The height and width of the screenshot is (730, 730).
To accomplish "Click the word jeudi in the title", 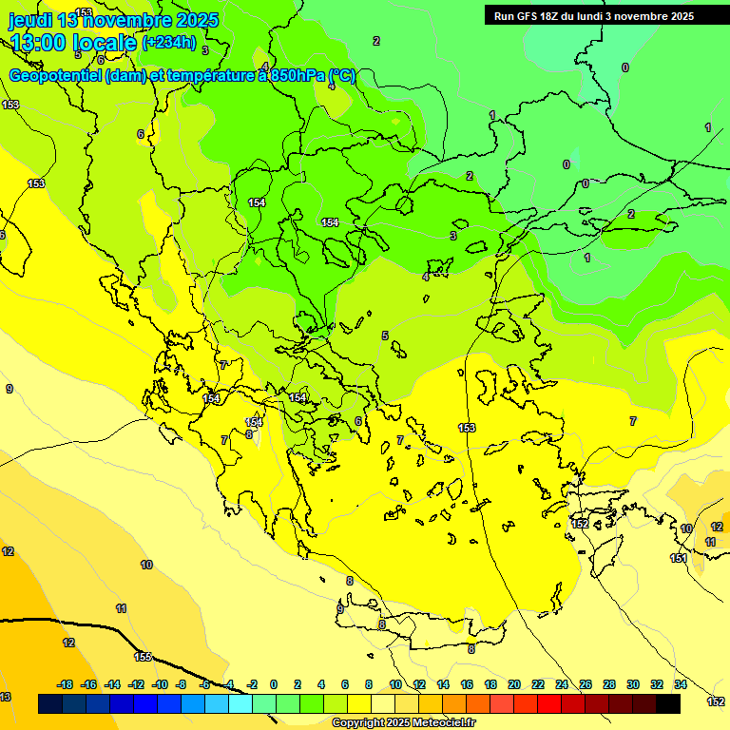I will [30, 20].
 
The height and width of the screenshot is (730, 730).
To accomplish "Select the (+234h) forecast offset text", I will [168, 42].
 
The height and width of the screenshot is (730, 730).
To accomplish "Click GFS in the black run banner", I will [528, 16].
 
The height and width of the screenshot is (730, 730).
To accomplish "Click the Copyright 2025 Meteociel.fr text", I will [403, 723].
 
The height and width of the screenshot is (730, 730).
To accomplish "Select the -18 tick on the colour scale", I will [65, 684].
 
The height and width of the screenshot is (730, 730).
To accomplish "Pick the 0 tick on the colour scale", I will [274, 684].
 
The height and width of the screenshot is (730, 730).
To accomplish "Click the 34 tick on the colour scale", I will [680, 684].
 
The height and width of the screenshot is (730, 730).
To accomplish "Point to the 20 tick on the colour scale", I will [513, 684].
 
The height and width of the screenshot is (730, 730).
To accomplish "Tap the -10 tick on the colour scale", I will [159, 684].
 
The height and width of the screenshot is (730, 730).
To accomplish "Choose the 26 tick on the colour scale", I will [585, 684].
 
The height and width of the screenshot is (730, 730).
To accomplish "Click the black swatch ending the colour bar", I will [668, 703].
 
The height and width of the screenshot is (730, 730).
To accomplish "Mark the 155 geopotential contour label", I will [143, 657].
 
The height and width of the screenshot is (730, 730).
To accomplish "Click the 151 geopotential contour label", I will [679, 558].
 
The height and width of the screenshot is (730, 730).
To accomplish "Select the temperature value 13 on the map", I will [6, 697].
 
